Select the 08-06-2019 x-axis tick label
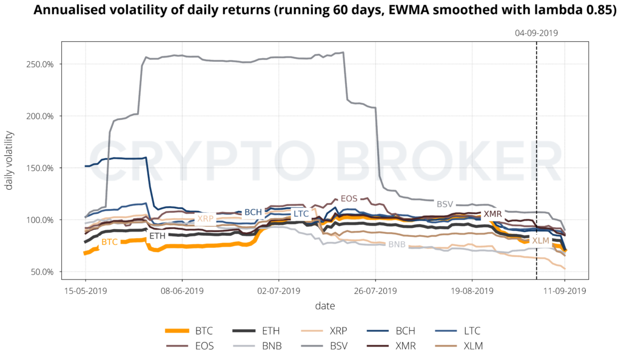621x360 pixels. point(181,291)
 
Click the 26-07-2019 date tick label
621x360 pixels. point(375,291)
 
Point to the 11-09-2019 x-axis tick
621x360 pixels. point(565,291)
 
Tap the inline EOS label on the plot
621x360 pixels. point(349,198)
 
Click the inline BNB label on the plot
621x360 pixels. point(397,244)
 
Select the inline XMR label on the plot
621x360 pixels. point(492,214)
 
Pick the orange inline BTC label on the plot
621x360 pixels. point(110,242)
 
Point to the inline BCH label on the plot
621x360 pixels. point(253,212)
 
